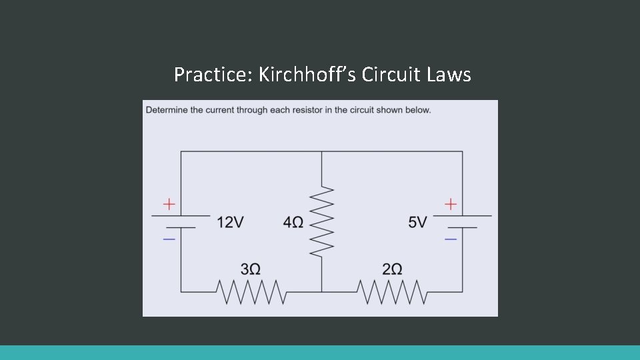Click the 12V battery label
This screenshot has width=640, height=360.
[230, 222]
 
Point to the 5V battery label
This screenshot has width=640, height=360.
[417, 222]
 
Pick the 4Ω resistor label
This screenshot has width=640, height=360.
[293, 222]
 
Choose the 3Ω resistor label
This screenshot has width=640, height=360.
[250, 269]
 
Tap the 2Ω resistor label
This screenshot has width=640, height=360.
[392, 269]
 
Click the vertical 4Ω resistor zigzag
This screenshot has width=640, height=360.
[322, 221]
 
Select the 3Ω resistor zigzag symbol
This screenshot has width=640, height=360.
[251, 291]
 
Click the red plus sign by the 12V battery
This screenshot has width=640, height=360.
[170, 203]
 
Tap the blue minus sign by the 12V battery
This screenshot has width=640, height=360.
[170, 238]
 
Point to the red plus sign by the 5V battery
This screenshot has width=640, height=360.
[451, 203]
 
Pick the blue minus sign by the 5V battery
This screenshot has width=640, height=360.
[451, 238]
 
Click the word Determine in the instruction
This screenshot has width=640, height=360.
[166, 110]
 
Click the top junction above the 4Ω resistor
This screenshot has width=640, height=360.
[322, 151]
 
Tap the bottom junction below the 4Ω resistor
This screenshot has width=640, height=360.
[322, 292]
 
